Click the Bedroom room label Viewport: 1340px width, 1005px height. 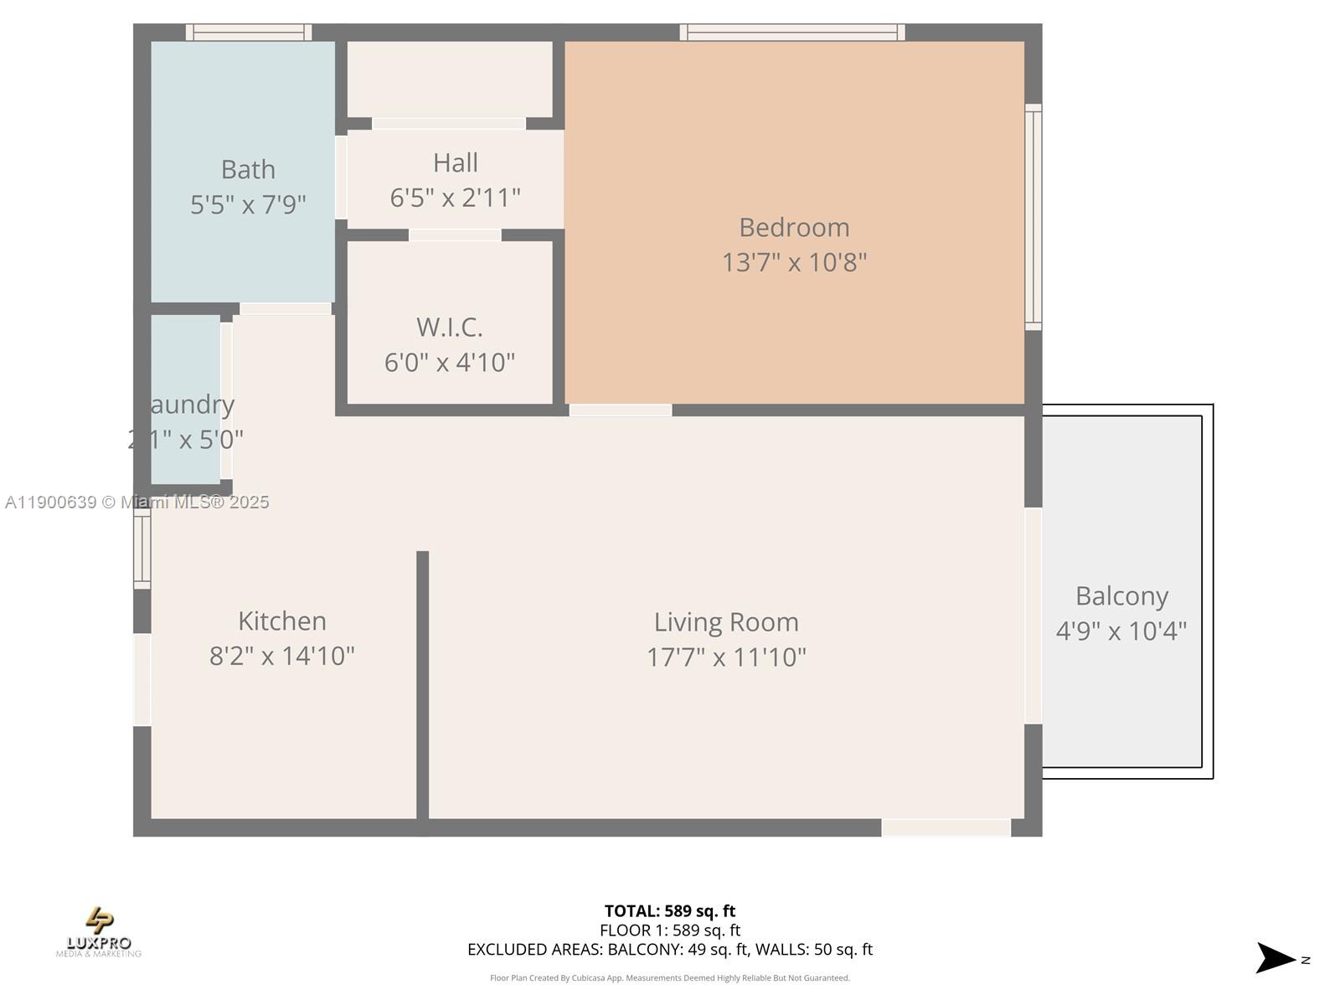coord(794,228)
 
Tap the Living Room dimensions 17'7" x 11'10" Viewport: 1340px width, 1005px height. coord(726,657)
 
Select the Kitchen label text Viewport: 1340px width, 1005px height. coord(282,621)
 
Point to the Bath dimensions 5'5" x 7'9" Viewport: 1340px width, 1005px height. coord(248,204)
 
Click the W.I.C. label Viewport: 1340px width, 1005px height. coord(450,327)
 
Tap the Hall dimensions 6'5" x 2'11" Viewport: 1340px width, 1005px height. coord(455,198)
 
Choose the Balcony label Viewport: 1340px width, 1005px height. coord(1121,596)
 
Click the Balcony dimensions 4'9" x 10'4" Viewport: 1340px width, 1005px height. coord(1121,631)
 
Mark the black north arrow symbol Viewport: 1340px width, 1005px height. coord(1275,958)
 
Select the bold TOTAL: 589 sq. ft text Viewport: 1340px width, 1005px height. coord(669,911)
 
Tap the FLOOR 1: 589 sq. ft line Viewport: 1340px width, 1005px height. coord(669,930)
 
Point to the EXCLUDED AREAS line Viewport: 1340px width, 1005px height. coord(669,950)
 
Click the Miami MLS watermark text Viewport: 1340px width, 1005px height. coord(137,502)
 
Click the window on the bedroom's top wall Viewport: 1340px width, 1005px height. coord(791,33)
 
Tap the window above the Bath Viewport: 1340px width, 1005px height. coord(248,33)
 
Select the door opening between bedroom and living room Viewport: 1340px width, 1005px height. coord(621,410)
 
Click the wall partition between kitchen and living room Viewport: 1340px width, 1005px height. coord(423,687)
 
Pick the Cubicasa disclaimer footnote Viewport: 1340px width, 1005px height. coord(669,978)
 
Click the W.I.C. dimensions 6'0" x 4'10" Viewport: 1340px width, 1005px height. coord(450,363)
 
